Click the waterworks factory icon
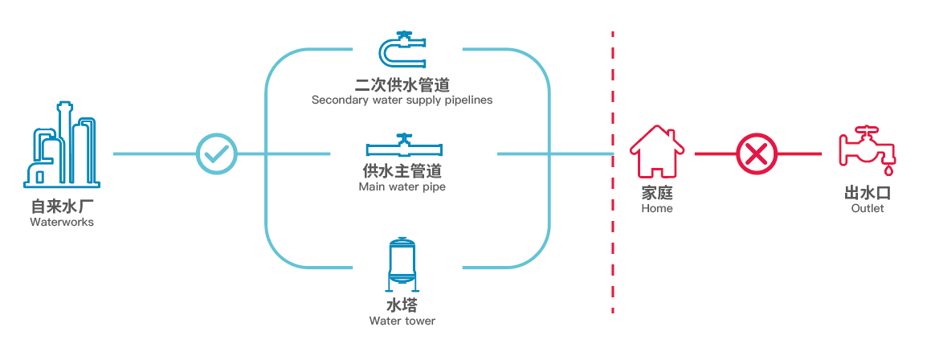pyautogui.click(x=62, y=145)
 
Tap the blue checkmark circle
pyautogui.click(x=218, y=153)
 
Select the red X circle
pyautogui.click(x=758, y=153)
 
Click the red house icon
pyautogui.click(x=656, y=152)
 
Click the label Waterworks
pyautogui.click(x=62, y=223)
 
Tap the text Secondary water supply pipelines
pyautogui.click(x=402, y=100)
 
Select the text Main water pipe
pyautogui.click(x=402, y=187)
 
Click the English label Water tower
pyautogui.click(x=402, y=321)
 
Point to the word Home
pyautogui.click(x=656, y=209)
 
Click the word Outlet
pyautogui.click(x=867, y=209)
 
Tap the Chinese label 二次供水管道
pyautogui.click(x=402, y=85)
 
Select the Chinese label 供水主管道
pyautogui.click(x=402, y=171)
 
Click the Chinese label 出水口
pyautogui.click(x=867, y=194)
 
